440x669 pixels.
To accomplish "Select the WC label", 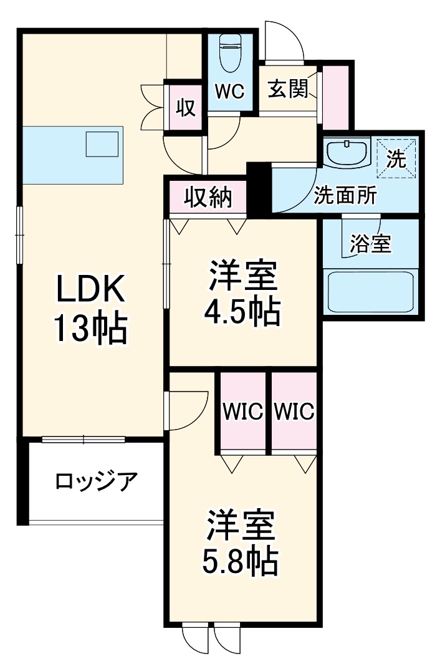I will pos(229,91).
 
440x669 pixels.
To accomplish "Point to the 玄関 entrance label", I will pos(289,89).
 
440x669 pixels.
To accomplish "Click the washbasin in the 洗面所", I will pos(347,152).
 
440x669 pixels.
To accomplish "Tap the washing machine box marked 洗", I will pos(397,158).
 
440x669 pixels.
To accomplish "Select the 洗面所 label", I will pos(345,196).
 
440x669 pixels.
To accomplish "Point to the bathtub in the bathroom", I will pos(370,291).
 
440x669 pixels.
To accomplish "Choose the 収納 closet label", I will pos(208,198).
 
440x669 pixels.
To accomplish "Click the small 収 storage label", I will pos(185,108).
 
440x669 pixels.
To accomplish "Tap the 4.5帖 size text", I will pos(242,312).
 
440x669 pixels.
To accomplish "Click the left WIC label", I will pos(243,411).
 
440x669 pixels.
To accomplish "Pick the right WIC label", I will pos(294,411).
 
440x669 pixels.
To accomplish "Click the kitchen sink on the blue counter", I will pos(102,144).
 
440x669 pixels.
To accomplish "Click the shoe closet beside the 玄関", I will pos(335,94).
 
